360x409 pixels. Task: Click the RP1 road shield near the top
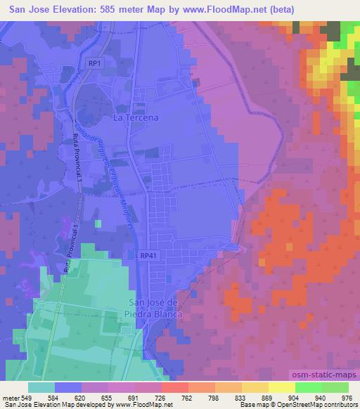pyautogui.click(x=95, y=63)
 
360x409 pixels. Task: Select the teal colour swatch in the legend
pyautogui.click(x=41, y=387)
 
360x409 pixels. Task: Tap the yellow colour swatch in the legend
pyautogui.click(x=282, y=387)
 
